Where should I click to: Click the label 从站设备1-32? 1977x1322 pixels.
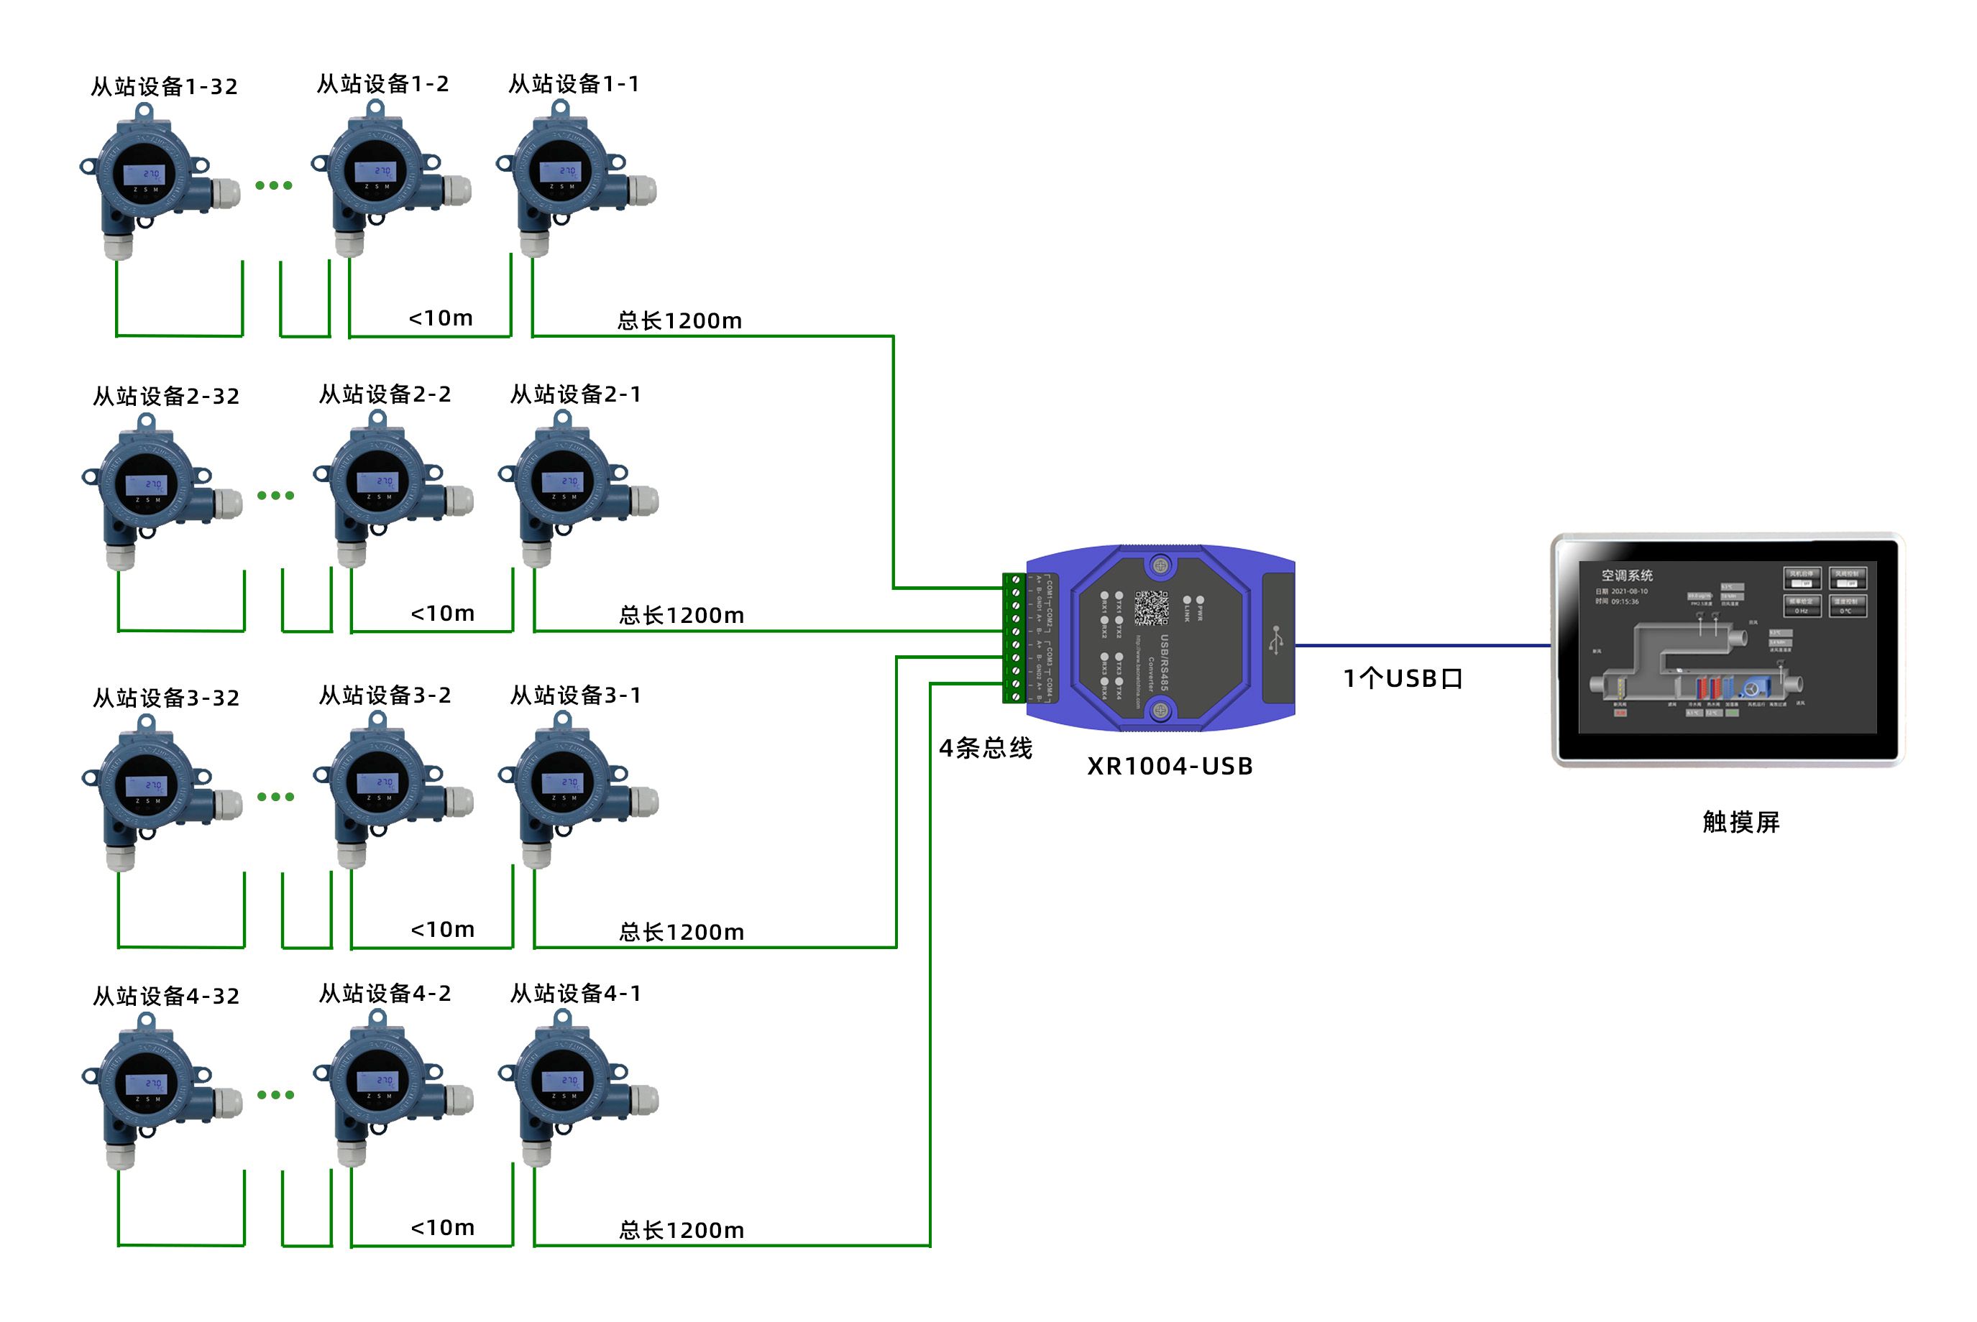click(165, 87)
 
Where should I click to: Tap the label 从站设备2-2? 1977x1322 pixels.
click(385, 394)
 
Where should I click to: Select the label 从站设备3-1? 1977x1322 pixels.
click(576, 695)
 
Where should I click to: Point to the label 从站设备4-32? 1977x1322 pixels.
click(166, 997)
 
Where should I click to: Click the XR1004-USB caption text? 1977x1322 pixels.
click(1170, 767)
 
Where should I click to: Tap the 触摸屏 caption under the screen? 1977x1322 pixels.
click(1741, 822)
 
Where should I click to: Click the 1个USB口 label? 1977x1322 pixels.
click(1403, 679)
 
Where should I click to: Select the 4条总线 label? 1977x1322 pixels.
click(986, 748)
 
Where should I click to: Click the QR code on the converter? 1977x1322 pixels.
click(1151, 608)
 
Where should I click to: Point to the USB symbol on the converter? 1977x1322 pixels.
click(1277, 640)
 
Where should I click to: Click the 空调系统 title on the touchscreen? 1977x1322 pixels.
click(1627, 576)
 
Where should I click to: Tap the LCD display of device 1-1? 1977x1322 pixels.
click(560, 172)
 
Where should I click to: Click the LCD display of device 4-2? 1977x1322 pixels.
click(377, 1081)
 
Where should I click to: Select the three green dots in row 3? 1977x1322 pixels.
click(276, 797)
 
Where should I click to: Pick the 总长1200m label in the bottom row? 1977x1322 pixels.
click(682, 1231)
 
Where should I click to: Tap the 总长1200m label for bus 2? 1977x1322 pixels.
click(682, 616)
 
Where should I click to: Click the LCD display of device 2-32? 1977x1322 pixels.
click(147, 485)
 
